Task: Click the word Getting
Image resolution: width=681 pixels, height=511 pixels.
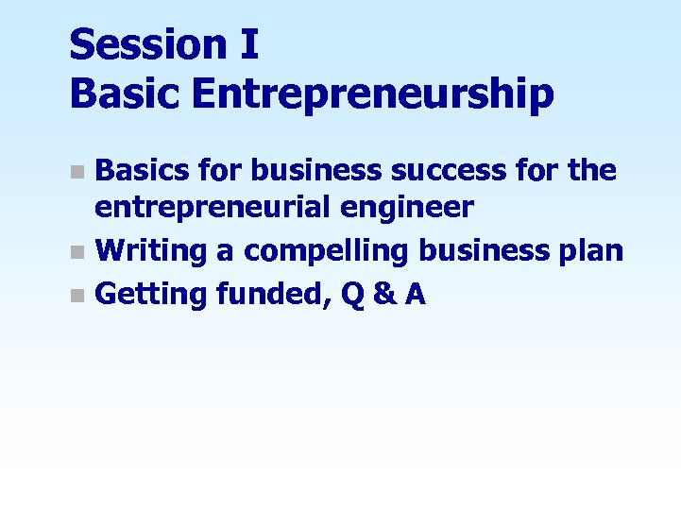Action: (151, 295)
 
